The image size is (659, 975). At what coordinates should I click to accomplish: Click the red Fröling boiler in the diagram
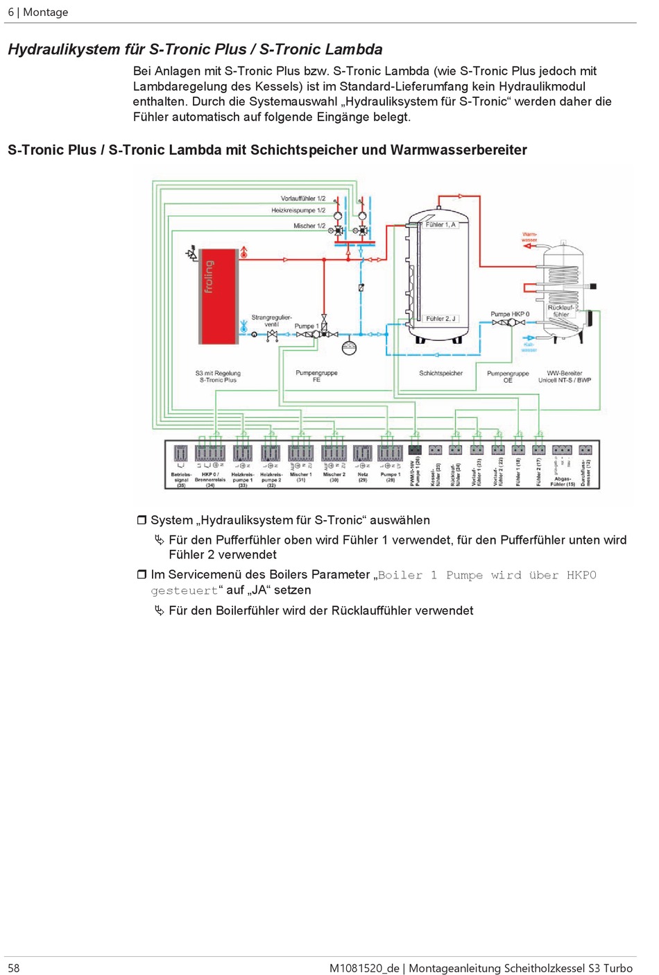(218, 295)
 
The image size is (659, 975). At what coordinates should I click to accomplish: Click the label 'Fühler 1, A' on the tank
(440, 225)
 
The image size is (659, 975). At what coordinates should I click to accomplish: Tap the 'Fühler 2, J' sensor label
(440, 319)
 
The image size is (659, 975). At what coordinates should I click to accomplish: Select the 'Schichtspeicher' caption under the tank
(440, 374)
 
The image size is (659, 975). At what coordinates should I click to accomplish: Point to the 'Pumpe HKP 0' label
(510, 314)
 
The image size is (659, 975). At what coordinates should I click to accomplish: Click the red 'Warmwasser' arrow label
(529, 237)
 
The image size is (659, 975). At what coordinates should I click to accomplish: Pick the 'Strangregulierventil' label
(271, 321)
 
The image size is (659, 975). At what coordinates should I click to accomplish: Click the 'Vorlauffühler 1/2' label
(302, 199)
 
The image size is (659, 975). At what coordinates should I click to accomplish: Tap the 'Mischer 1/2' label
(309, 226)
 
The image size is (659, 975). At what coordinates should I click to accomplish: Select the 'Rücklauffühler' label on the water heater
(560, 311)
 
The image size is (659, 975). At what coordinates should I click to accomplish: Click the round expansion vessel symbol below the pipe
(349, 347)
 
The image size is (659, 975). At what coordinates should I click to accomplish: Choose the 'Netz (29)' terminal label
(362, 477)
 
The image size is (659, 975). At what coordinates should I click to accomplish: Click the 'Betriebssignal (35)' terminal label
(181, 480)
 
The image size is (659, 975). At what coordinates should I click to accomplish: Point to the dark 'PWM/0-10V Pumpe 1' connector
(415, 450)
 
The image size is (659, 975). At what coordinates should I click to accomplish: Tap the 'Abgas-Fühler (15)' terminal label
(563, 481)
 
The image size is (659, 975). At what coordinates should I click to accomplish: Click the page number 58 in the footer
(14, 968)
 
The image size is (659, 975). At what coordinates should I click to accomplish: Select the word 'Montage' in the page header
(46, 12)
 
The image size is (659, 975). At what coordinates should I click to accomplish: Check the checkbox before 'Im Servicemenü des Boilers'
(142, 574)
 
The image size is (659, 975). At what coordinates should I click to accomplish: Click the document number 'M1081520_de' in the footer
(364, 968)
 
